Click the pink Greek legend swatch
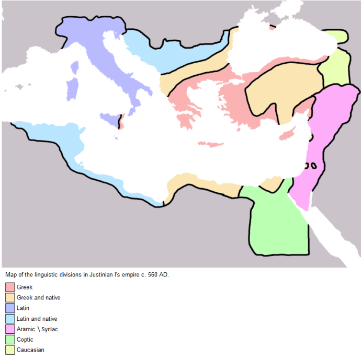pyautogui.click(x=9, y=287)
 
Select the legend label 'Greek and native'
pyautogui.click(x=38, y=298)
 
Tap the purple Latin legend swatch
pyautogui.click(x=9, y=308)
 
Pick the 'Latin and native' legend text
pyautogui.click(x=37, y=319)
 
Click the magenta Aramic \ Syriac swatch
pyautogui.click(x=9, y=329)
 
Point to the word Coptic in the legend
pyautogui.click(x=25, y=340)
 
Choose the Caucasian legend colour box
pyautogui.click(x=9, y=350)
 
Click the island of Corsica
pyautogui.click(x=74, y=67)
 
